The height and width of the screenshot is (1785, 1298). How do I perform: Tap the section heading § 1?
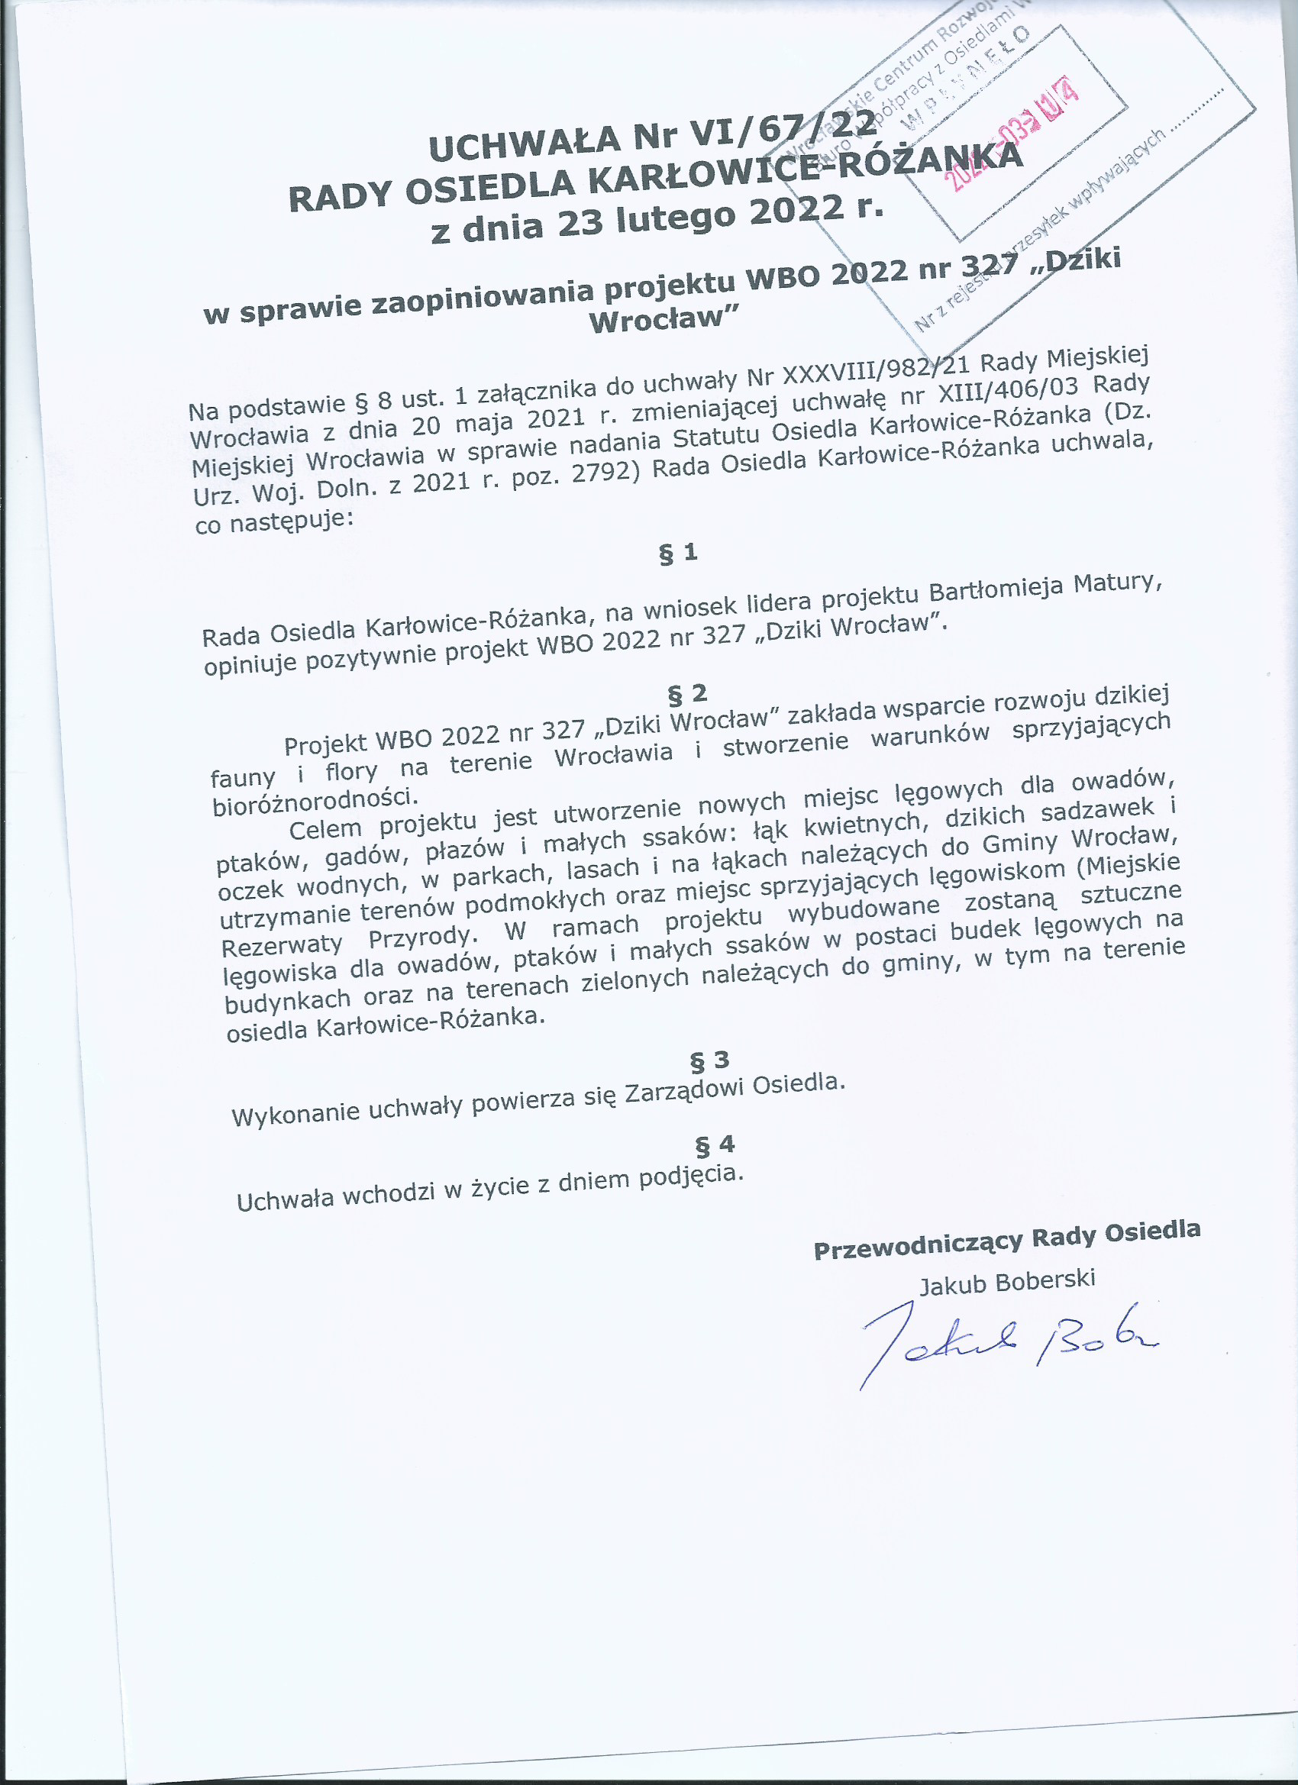pyautogui.click(x=678, y=554)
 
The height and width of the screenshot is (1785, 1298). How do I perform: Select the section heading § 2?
pyautogui.click(x=687, y=693)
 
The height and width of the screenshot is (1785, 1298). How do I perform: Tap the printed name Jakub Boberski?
pyautogui.click(x=1007, y=1282)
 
